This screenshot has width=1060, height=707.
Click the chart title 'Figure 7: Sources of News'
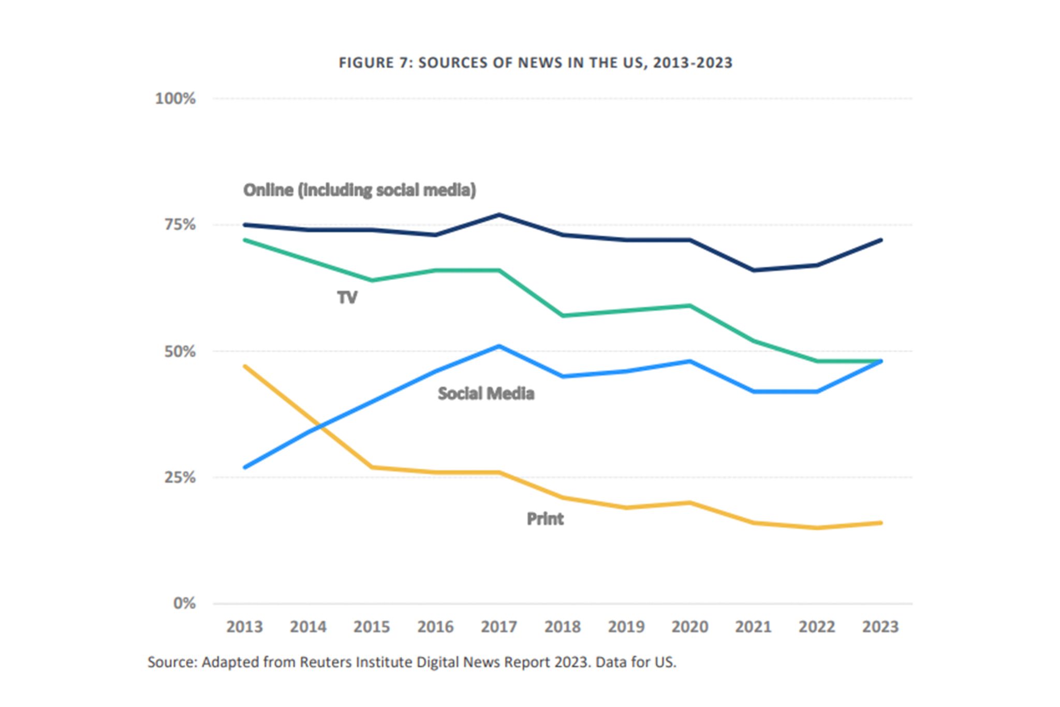[535, 63]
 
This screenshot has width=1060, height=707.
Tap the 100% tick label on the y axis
[175, 98]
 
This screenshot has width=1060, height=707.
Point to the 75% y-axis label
[180, 225]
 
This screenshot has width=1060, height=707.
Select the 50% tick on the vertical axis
[180, 351]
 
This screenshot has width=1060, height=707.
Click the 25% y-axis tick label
[180, 477]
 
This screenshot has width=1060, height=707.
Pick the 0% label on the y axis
[184, 603]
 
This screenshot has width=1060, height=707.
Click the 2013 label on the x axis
[244, 627]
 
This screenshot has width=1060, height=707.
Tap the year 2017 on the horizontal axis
[499, 627]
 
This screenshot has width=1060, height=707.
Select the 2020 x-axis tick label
[689, 627]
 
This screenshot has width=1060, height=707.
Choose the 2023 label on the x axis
[880, 627]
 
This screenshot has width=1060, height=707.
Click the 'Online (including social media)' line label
[360, 190]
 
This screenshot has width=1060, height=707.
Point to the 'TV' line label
[347, 297]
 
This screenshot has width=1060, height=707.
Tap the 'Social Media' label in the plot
[486, 394]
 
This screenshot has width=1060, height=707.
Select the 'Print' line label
[545, 518]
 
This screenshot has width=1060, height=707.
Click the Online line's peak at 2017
[499, 214]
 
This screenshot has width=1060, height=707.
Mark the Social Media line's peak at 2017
[499, 346]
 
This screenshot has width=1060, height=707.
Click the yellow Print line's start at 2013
[245, 366]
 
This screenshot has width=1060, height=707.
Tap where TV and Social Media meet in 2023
[880, 361]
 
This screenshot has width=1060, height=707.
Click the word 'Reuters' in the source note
[328, 662]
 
